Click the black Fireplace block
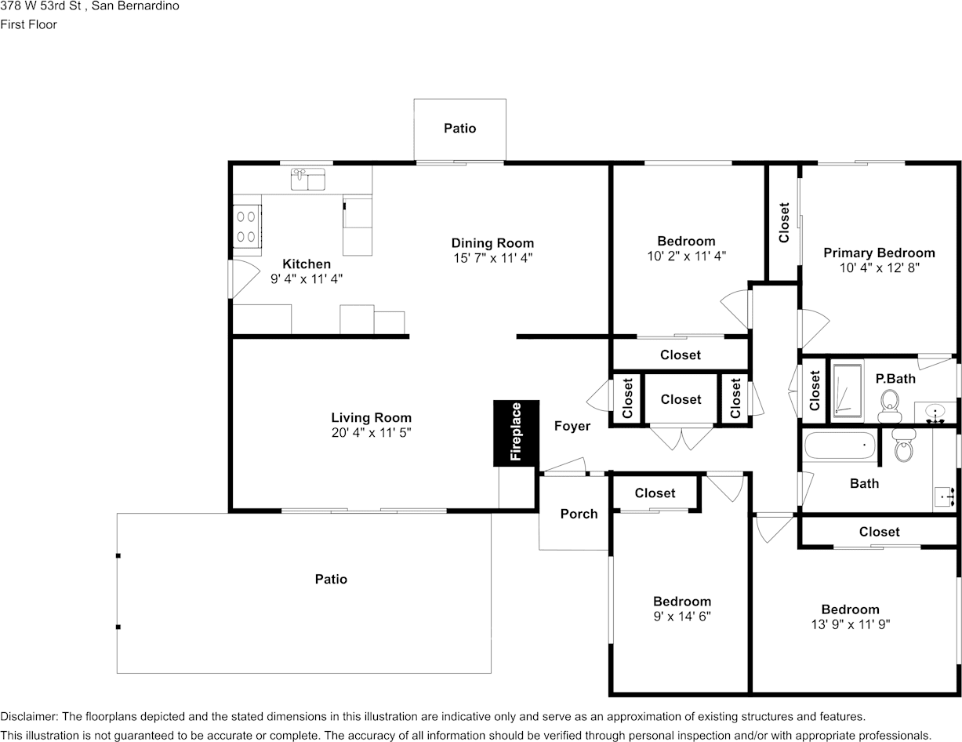pos(516,433)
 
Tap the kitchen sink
pos(308,180)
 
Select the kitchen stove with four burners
pos(246,226)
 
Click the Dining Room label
pos(492,243)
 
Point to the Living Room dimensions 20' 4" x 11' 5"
pos(371,432)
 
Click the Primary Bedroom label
pos(879,253)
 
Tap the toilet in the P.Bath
pos(888,406)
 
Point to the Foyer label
pos(572,426)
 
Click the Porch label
pos(579,514)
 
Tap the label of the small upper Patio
pos(459,128)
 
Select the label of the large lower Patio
pos(331,579)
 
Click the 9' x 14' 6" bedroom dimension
pos(682,617)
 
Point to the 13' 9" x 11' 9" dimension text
pos(850,625)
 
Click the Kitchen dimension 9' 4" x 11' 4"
pos(307,278)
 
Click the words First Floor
pos(28,24)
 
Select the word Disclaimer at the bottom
pos(28,717)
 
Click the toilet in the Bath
pos(904,448)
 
